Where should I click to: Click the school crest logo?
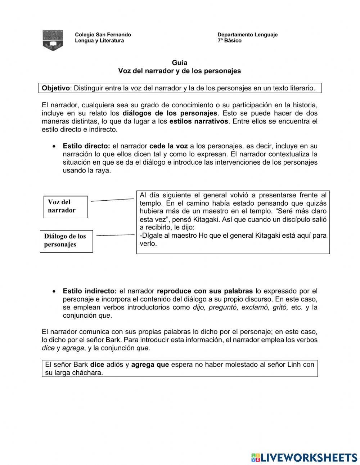53,40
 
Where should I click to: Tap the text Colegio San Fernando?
103,35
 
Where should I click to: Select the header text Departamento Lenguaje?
247,35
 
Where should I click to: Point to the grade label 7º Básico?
229,41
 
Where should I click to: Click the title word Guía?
179,63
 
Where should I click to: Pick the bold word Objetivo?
55,88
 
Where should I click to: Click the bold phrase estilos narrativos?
199,121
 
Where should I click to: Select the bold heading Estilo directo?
86,146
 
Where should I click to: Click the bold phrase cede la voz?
168,146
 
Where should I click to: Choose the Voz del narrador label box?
66,207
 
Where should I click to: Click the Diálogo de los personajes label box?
66,241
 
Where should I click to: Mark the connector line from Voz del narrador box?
112,200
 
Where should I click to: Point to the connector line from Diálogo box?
115,235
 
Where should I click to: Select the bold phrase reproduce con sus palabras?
205,291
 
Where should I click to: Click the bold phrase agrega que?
150,365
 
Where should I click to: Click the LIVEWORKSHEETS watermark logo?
304,457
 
